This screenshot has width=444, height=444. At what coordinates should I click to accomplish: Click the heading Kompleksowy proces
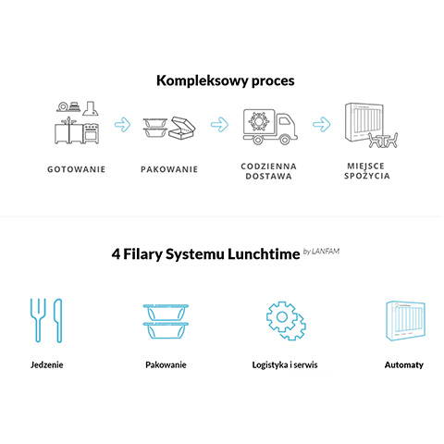(226, 80)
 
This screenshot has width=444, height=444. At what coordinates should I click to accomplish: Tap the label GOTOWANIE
(76, 169)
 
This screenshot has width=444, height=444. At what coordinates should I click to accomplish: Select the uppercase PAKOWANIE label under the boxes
(169, 169)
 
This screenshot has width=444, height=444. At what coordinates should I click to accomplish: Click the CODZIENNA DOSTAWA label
(268, 171)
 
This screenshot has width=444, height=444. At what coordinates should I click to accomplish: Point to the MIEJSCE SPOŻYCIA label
(367, 171)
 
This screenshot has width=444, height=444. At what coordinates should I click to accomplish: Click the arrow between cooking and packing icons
(122, 125)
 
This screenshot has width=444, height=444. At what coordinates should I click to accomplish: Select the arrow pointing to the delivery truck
(219, 125)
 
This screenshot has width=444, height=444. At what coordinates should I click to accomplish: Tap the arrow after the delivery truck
(321, 125)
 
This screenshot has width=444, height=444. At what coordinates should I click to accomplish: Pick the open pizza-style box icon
(182, 128)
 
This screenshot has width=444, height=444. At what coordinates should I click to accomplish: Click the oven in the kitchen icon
(92, 133)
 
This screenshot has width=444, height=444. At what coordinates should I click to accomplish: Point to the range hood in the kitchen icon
(91, 108)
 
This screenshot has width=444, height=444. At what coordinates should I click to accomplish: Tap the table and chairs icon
(383, 140)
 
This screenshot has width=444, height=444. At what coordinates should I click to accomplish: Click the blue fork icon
(38, 320)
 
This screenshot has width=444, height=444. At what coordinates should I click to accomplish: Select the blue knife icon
(58, 320)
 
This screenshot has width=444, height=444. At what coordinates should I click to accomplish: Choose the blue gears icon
(286, 321)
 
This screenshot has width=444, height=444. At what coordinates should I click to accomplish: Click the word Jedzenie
(47, 365)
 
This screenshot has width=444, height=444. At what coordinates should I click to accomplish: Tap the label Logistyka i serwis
(285, 365)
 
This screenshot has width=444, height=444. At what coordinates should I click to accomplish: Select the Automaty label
(404, 365)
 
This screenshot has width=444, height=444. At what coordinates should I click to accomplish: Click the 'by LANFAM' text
(321, 252)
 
